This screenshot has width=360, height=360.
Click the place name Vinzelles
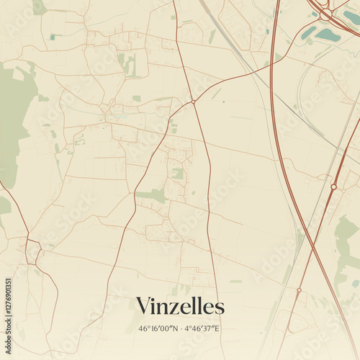(x=180, y=306)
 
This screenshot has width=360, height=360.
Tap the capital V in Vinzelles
(x=143, y=305)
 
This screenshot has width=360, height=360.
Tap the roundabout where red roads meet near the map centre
(x=193, y=102)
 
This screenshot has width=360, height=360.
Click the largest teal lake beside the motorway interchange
(x=328, y=34)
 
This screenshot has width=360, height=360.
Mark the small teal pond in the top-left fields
(x=52, y=37)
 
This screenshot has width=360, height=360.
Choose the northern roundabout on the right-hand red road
(x=333, y=186)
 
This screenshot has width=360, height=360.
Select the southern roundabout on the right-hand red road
(x=299, y=290)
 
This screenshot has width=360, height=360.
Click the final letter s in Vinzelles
(x=219, y=306)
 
